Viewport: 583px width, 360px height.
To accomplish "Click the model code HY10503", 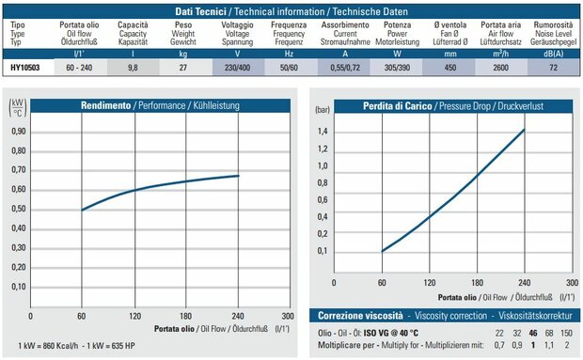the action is pyautogui.click(x=24, y=68).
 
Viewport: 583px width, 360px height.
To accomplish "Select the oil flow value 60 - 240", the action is pyautogui.click(x=79, y=68).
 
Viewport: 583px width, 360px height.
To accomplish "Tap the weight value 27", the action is pyautogui.click(x=183, y=68).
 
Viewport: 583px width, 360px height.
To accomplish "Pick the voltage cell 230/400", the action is pyautogui.click(x=237, y=68).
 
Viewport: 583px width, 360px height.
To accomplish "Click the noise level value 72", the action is pyautogui.click(x=553, y=68).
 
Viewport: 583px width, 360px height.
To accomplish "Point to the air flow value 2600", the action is pyautogui.click(x=501, y=68).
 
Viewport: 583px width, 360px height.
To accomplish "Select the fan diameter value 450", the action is pyautogui.click(x=450, y=68).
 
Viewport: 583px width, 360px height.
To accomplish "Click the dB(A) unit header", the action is pyautogui.click(x=553, y=54).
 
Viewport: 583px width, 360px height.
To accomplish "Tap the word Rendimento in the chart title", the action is pyautogui.click(x=105, y=105).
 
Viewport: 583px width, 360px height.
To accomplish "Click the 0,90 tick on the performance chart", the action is pyautogui.click(x=19, y=132).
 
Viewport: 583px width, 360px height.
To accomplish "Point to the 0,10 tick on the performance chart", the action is pyautogui.click(x=19, y=287).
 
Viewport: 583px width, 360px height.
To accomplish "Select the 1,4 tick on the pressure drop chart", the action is pyautogui.click(x=323, y=132).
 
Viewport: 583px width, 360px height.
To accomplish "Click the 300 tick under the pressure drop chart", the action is pyautogui.click(x=572, y=283).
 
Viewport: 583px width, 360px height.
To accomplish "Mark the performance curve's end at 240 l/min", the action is pyautogui.click(x=238, y=176).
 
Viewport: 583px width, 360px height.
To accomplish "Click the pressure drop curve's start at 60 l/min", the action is pyautogui.click(x=382, y=252).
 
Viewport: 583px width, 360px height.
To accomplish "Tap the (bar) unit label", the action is pyautogui.click(x=323, y=110).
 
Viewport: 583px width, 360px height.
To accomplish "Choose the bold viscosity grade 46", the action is pyautogui.click(x=533, y=333).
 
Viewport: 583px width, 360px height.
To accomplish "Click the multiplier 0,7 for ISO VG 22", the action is pyautogui.click(x=499, y=345).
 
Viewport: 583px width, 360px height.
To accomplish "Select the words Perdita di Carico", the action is pyautogui.click(x=398, y=106).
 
